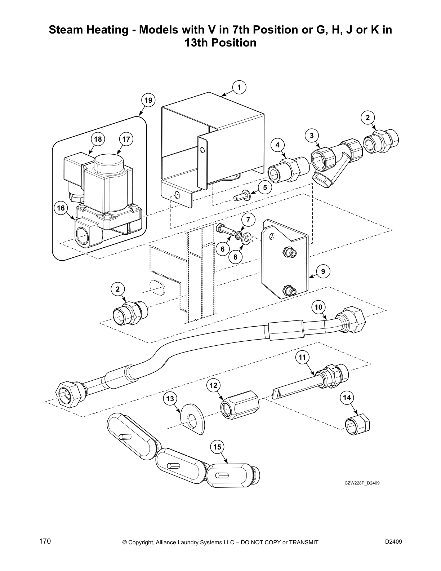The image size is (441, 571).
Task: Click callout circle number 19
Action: coord(148,100)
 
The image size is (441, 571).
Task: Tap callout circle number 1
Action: coord(239,87)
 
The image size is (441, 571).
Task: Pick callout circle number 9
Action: coord(323,271)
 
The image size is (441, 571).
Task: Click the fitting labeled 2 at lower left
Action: coord(129,313)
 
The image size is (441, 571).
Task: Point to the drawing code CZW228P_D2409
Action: coord(362,483)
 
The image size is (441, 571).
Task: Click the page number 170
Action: coord(45,541)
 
